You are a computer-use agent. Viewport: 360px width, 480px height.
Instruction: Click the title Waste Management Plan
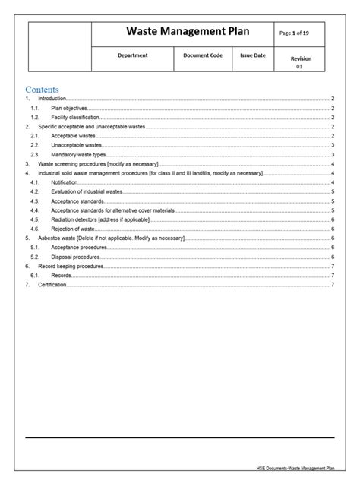pos(182,33)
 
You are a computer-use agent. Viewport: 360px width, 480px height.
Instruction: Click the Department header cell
pos(133,55)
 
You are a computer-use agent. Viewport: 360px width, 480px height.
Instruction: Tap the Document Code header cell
pos(203,55)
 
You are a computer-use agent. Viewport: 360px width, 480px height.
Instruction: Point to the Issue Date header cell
pos(253,55)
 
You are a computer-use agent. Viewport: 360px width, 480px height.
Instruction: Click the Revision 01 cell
pos(300,62)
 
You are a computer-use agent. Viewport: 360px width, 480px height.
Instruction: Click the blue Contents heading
pos(42,90)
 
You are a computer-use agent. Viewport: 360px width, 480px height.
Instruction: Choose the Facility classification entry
pos(76,118)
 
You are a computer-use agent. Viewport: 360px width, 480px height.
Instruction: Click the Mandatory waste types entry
pos(79,154)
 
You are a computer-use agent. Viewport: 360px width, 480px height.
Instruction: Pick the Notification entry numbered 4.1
pos(65,182)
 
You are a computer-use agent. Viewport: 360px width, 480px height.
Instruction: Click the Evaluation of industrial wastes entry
pos(87,191)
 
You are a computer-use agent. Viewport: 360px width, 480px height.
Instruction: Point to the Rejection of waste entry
pos(74,228)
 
